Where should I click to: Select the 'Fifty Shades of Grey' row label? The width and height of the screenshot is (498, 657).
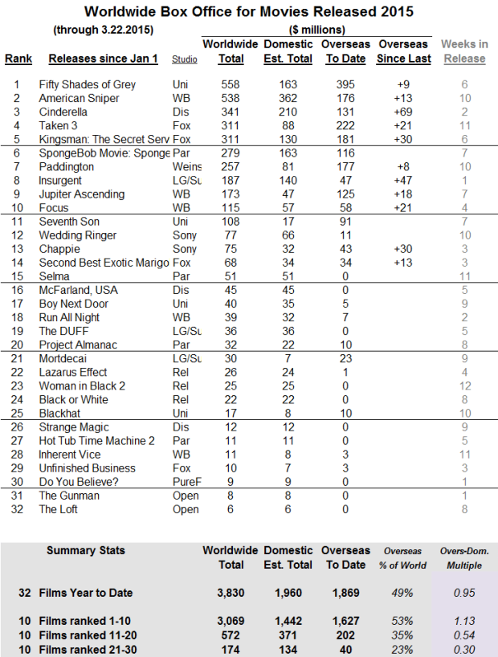(x=87, y=84)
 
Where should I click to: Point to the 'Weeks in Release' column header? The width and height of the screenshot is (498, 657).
(x=464, y=51)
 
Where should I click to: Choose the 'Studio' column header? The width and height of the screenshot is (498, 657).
(x=185, y=59)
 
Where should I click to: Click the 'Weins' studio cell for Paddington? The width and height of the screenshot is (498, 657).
(x=186, y=166)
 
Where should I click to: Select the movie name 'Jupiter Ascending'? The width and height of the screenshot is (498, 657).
(x=82, y=194)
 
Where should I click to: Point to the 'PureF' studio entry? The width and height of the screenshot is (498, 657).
(x=186, y=482)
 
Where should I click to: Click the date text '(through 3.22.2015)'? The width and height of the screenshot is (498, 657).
(x=102, y=31)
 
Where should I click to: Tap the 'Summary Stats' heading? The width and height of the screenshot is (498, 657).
(x=86, y=551)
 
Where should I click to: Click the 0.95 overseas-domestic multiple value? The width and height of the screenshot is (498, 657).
(x=463, y=594)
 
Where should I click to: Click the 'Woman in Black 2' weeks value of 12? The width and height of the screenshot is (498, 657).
(x=464, y=386)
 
